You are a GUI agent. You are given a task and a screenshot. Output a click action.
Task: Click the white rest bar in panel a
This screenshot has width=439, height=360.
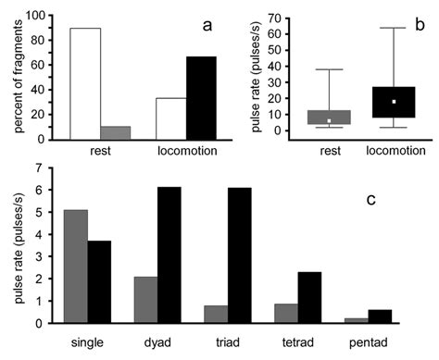pyautogui.click(x=84, y=83)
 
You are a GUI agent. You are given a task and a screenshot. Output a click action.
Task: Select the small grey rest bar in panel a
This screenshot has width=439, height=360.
pyautogui.click(x=116, y=132)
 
